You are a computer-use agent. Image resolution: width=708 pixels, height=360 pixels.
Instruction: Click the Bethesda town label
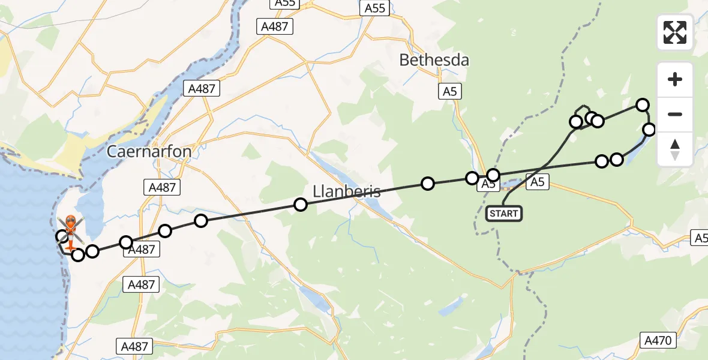(x=434, y=60)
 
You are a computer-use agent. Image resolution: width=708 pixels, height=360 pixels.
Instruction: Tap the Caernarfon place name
(x=149, y=151)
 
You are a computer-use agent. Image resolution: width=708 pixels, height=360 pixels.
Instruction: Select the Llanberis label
(x=347, y=191)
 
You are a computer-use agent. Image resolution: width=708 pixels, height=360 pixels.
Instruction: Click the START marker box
(x=503, y=213)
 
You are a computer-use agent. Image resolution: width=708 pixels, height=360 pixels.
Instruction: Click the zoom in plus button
(x=675, y=79)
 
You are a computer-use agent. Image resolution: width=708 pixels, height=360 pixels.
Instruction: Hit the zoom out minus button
(x=675, y=114)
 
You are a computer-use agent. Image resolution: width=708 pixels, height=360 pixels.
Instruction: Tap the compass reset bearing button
(x=675, y=149)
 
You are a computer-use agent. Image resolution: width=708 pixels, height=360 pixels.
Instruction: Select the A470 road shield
(x=659, y=340)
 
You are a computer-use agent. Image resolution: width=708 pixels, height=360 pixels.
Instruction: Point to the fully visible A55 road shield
(x=376, y=8)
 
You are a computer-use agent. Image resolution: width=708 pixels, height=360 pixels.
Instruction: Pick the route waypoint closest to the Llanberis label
(x=301, y=205)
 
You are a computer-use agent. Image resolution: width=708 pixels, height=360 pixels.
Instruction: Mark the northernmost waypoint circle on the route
(x=643, y=105)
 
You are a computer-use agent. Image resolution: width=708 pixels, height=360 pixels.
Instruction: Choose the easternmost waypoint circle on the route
(x=649, y=130)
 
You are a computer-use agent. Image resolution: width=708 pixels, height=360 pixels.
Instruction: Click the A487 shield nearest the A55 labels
(x=274, y=26)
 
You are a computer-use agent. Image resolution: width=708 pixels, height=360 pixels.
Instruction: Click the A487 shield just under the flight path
(x=142, y=250)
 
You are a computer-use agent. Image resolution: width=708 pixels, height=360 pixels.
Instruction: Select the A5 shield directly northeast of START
(x=537, y=182)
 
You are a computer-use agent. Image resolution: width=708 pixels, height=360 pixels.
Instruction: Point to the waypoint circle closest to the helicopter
(x=62, y=236)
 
